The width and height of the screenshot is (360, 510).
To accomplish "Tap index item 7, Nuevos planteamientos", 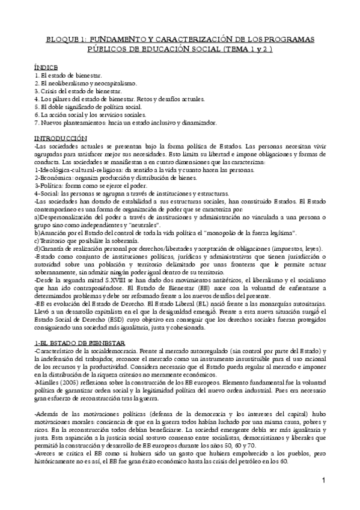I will (125, 122).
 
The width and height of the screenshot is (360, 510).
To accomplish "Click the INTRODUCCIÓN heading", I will (62, 138).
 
